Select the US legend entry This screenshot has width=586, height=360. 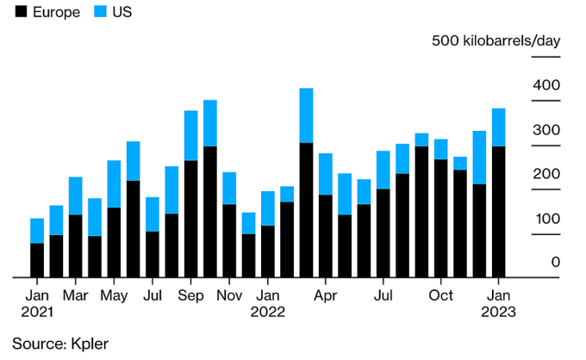click(x=111, y=13)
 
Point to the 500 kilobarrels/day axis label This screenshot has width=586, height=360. click(x=496, y=41)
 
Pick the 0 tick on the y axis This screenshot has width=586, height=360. click(x=555, y=262)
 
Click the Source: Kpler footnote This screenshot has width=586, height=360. click(x=60, y=343)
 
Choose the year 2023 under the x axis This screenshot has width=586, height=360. click(x=498, y=313)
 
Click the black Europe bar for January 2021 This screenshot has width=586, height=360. click(x=37, y=260)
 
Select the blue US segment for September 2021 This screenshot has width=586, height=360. click(x=190, y=135)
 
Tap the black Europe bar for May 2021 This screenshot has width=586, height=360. click(x=114, y=242)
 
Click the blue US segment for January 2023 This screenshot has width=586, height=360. click(x=498, y=127)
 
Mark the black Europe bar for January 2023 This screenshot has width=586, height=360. click(x=498, y=212)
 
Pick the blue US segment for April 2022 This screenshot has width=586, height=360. click(x=325, y=174)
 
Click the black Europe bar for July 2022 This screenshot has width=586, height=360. click(x=383, y=233)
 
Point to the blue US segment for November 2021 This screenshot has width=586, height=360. click(x=229, y=188)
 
